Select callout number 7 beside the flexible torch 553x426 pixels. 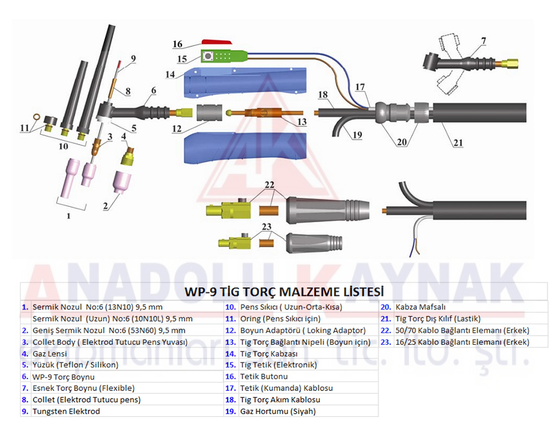coord(483,42)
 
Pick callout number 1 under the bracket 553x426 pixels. coord(68,215)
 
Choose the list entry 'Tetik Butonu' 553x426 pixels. coord(264,377)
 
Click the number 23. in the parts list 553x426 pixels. coord(385,342)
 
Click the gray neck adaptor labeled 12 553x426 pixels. coord(209,114)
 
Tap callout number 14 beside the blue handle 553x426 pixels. coord(170,74)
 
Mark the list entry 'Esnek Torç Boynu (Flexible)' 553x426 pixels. coord(84,388)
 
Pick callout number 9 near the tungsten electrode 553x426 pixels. coord(132,59)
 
